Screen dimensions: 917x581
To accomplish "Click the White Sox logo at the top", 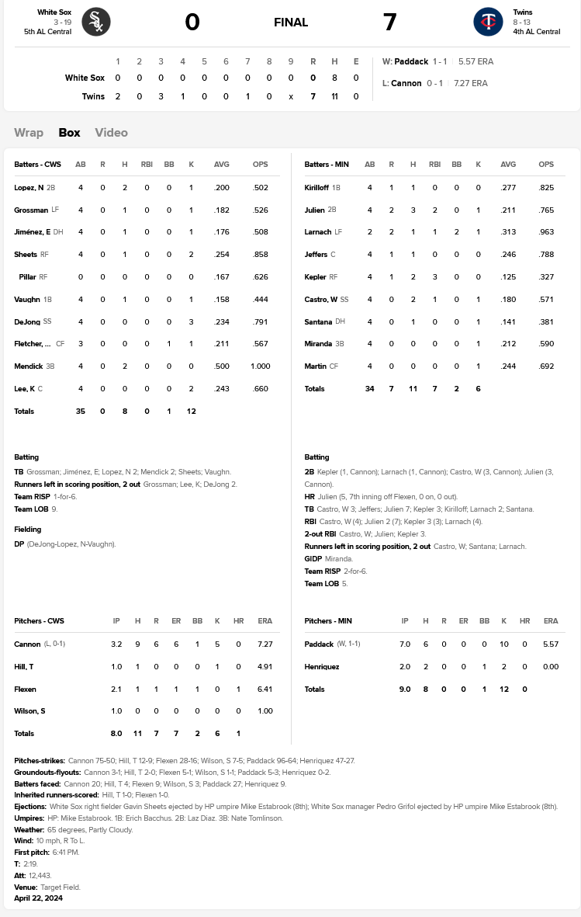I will click(x=96, y=22).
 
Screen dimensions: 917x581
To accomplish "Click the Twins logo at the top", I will click(x=488, y=22).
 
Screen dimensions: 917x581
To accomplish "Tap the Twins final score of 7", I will click(x=389, y=23).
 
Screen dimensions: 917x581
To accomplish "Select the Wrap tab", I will click(x=29, y=133).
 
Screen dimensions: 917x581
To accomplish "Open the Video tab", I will click(x=111, y=133).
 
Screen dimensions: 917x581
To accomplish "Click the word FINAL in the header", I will click(x=291, y=23).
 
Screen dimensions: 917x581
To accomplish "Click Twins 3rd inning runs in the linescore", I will click(x=161, y=96).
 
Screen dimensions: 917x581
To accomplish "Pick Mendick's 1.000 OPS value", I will click(x=261, y=366).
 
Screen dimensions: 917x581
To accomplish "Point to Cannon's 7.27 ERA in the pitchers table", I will click(x=265, y=644).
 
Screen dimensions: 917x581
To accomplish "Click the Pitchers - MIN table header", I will click(x=328, y=621).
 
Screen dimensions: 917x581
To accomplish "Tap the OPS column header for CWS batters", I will click(x=261, y=165).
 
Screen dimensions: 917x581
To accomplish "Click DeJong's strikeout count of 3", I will click(x=191, y=321).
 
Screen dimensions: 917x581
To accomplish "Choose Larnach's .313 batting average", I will click(x=508, y=232).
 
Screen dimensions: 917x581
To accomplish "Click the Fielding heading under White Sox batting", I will click(x=28, y=530).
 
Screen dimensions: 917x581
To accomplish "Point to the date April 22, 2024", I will click(x=39, y=898).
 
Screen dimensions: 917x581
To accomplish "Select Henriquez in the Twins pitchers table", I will click(x=323, y=667).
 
